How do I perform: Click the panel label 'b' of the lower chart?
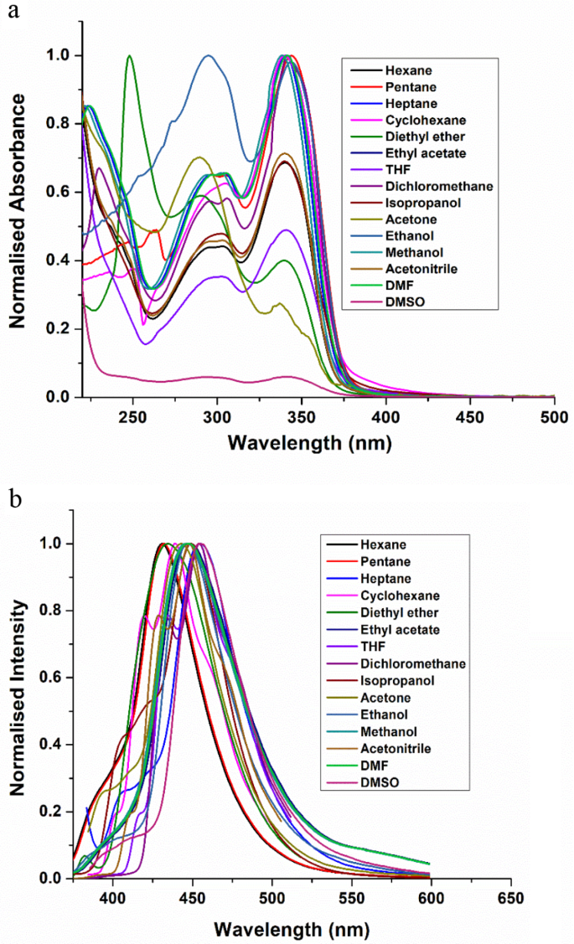[12, 501]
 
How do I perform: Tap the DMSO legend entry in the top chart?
[402, 300]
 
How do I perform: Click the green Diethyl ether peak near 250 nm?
[129, 56]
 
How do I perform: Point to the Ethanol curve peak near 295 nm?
[208, 56]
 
